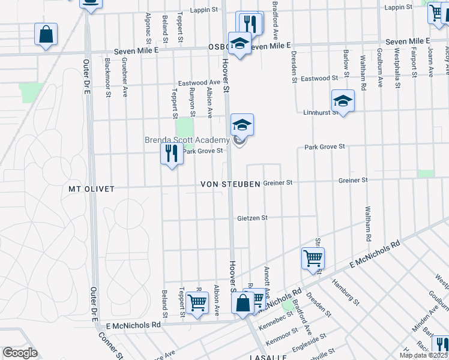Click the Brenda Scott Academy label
pos(187,140)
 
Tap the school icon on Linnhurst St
pos(343,101)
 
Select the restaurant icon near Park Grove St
pos(172,154)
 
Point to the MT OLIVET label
pos(92,188)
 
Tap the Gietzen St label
pos(252,218)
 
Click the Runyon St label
pos(193,101)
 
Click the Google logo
pos(20,353)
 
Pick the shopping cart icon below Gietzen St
pos(313,259)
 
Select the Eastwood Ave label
pos(199,83)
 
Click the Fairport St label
pos(414,65)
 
